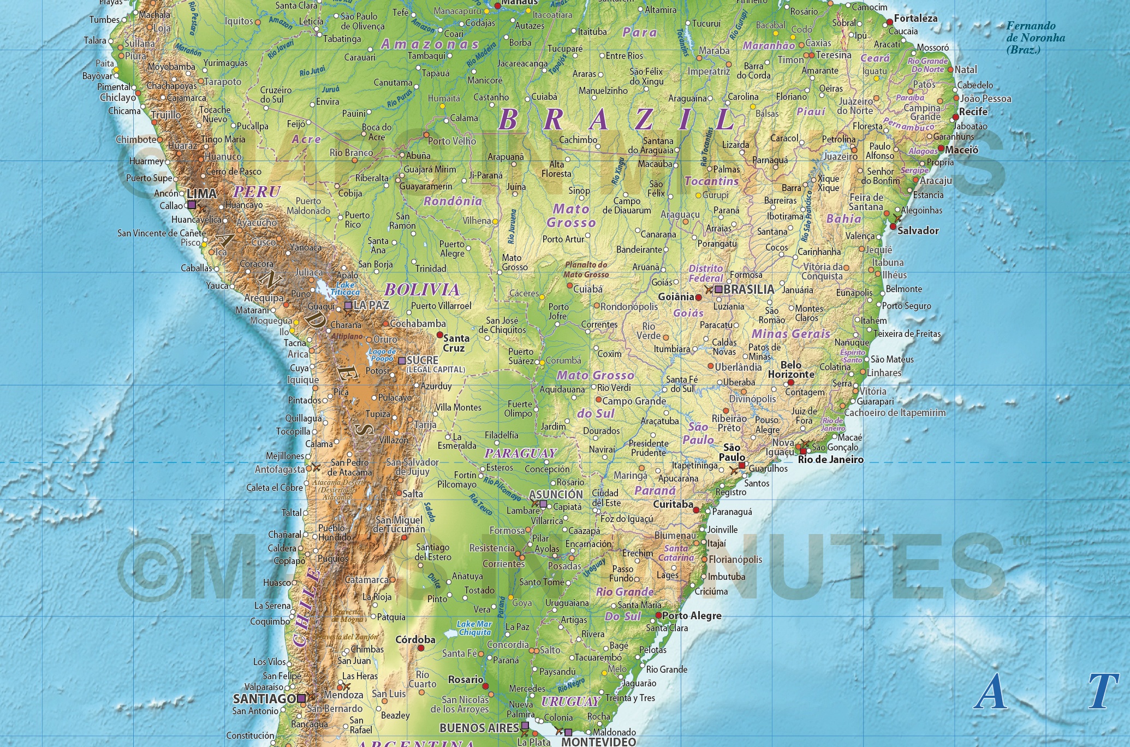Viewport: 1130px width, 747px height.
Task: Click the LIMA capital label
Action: [x=202, y=194]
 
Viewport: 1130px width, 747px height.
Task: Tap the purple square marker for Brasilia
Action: [x=718, y=289]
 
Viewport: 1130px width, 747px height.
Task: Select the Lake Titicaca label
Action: [x=345, y=288]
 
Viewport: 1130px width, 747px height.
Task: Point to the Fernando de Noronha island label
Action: [x=1036, y=37]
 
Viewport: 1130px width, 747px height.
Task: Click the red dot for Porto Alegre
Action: [x=659, y=615]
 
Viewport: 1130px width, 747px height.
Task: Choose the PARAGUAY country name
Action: [x=520, y=453]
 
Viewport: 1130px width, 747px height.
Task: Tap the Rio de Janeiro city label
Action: [x=830, y=460]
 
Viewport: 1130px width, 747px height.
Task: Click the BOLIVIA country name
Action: [x=422, y=290]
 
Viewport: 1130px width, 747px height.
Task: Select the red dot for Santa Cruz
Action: [x=439, y=335]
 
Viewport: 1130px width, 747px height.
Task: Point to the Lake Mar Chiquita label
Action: [x=474, y=628]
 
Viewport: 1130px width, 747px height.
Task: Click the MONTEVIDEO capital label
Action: [x=598, y=742]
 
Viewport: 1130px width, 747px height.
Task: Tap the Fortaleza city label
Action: [x=915, y=19]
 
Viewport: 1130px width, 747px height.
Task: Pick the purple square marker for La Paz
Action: [x=348, y=305]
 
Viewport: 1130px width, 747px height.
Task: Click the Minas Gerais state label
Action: [x=790, y=334]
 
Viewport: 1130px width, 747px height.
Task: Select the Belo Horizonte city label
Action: [x=791, y=370]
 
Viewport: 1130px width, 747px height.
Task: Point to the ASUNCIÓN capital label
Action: [x=556, y=494]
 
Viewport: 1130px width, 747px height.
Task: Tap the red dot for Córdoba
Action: [x=421, y=648]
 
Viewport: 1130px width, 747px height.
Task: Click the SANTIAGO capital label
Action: [x=264, y=698]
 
